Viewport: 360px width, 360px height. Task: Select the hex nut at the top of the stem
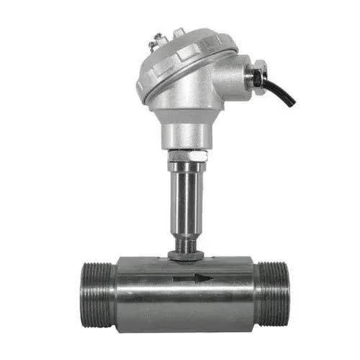coord(185,155)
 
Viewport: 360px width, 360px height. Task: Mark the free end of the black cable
coord(292,104)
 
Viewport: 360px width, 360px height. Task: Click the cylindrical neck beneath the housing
coord(185,130)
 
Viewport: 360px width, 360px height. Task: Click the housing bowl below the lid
coord(184,101)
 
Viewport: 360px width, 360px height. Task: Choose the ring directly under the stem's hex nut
coord(185,166)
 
